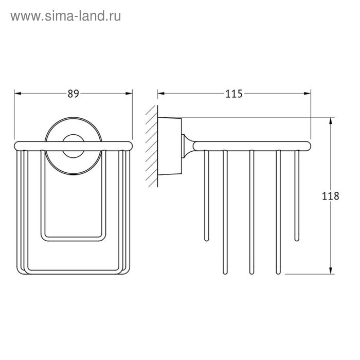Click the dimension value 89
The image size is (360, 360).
coord(73,94)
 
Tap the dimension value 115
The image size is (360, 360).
coord(233,94)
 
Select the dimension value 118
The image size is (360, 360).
coord(330,196)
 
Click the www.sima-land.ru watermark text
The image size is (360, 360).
coord(66,16)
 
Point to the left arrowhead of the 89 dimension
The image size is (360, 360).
coord(17,94)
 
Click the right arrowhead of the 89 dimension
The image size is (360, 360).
coord(129,94)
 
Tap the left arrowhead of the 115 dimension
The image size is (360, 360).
coord(161,94)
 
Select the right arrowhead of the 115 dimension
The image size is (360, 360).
coord(307,94)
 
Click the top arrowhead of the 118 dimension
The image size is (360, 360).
coord(331,121)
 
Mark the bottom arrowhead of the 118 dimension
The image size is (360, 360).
coord(331,271)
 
